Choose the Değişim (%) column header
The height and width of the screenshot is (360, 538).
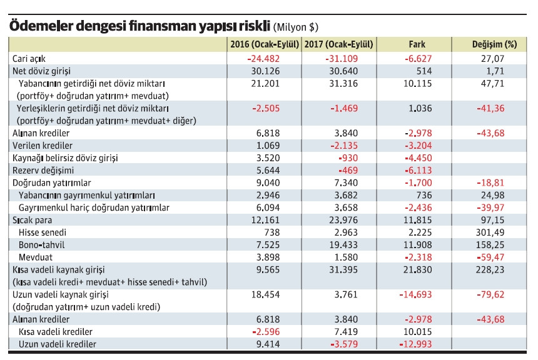pyautogui.click(x=494, y=45)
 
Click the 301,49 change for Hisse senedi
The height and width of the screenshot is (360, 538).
pyautogui.click(x=493, y=232)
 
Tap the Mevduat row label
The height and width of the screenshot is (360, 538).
pyautogui.click(x=37, y=257)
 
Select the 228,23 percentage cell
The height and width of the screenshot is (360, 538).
pyautogui.click(x=493, y=269)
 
